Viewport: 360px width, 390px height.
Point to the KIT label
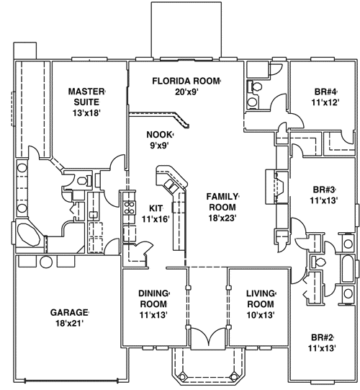[156, 208]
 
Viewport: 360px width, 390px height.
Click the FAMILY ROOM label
[222, 201]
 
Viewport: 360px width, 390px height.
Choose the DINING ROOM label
[153, 298]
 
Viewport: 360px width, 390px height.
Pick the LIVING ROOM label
[261, 298]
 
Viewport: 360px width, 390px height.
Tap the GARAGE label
[69, 312]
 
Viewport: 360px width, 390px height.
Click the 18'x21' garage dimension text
[69, 324]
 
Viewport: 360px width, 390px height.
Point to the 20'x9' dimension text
[186, 92]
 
